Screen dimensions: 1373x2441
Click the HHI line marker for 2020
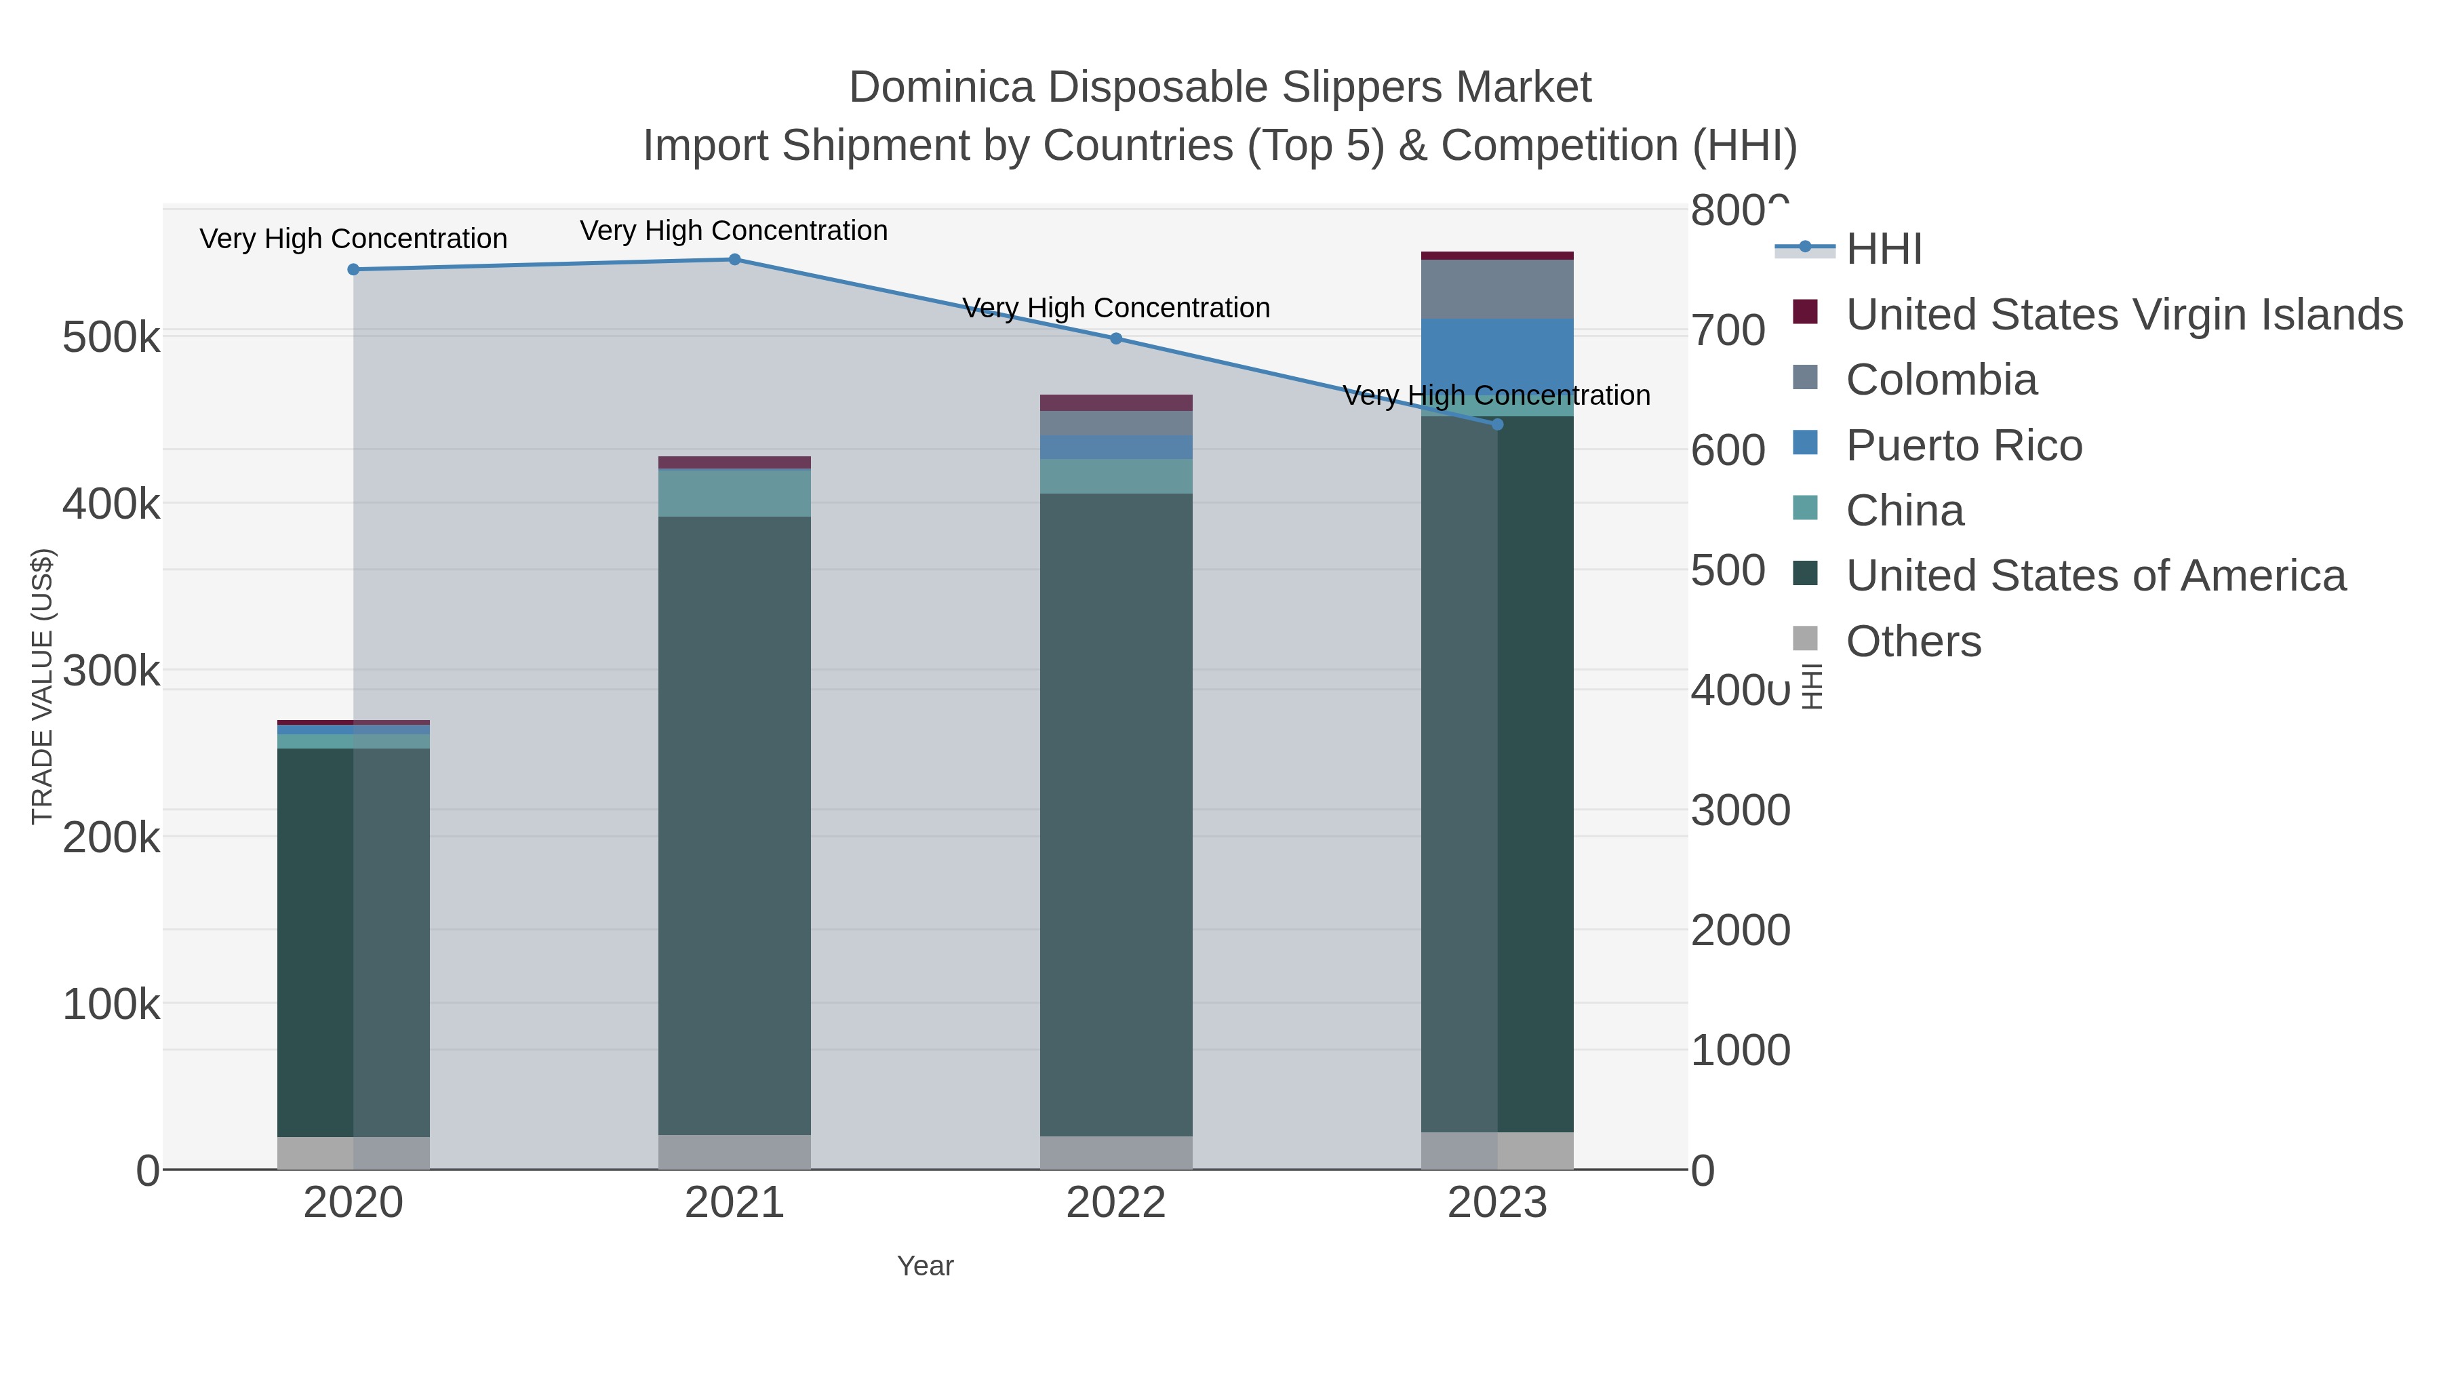(x=353, y=269)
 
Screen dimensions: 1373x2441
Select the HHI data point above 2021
(x=734, y=259)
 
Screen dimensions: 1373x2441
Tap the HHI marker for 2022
(x=1116, y=338)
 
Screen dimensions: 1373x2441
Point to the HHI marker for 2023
(x=1497, y=424)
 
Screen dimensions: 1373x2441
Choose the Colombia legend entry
(x=1941, y=380)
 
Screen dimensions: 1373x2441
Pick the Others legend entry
(x=1913, y=641)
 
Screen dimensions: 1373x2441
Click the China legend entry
(x=1905, y=511)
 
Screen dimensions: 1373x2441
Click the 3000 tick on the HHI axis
(x=1740, y=811)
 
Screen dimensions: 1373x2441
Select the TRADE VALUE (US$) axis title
(x=43, y=686)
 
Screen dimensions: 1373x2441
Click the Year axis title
(x=925, y=1266)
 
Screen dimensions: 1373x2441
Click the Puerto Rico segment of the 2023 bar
(x=1497, y=355)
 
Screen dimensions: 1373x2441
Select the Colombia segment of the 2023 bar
(x=1497, y=289)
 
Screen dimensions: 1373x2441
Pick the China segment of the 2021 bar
(x=734, y=493)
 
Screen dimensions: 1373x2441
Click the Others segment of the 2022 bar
(x=1116, y=1152)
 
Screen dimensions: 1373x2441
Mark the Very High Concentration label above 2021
(x=734, y=231)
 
